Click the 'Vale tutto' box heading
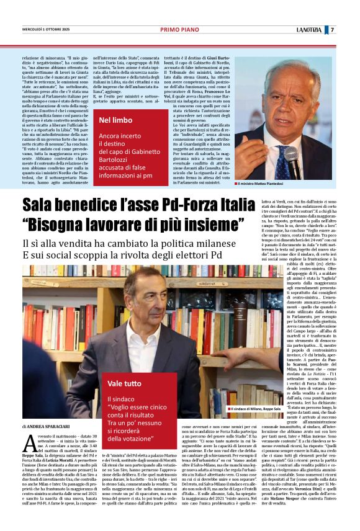click(x=124, y=384)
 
